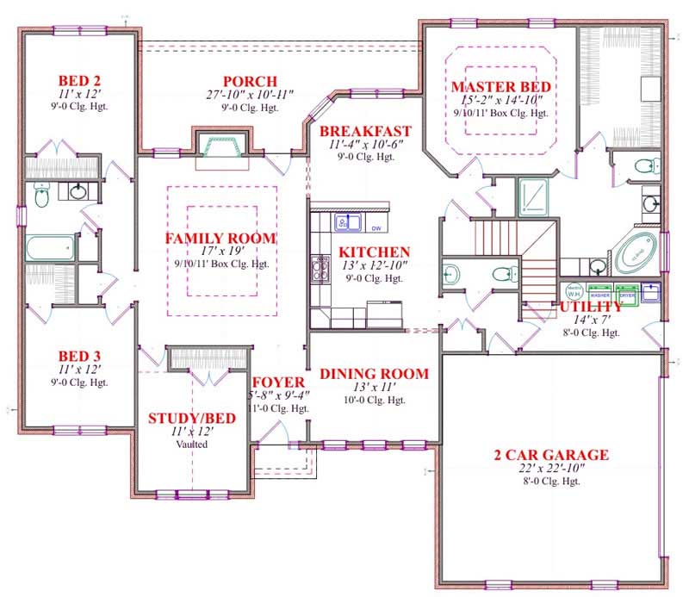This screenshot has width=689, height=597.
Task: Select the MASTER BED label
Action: (500, 87)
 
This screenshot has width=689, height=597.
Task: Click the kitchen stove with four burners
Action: (321, 271)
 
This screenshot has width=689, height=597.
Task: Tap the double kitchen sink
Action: (347, 224)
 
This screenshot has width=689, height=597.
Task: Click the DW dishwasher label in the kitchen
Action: (376, 228)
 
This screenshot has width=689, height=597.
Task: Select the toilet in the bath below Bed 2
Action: (40, 197)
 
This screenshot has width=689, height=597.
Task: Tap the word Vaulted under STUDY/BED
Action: (193, 445)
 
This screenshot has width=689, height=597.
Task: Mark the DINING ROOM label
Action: (375, 374)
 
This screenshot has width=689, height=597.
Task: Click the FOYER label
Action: (277, 382)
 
